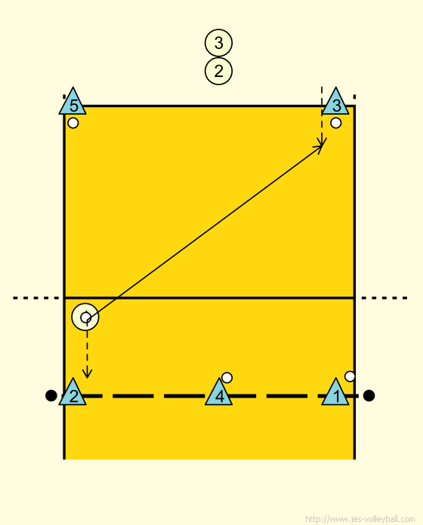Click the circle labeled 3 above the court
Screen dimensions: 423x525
[218, 43]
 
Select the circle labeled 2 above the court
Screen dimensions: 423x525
[218, 71]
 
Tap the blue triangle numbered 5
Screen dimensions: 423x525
[73, 101]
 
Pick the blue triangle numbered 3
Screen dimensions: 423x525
[335, 101]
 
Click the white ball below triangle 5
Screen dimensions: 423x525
[73, 123]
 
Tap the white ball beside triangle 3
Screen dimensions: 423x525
[336, 123]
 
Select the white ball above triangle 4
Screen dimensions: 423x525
[227, 378]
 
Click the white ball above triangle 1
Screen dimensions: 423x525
[350, 376]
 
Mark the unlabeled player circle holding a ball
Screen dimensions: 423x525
[85, 317]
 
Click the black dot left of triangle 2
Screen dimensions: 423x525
[51, 395]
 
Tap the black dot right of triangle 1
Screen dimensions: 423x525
[369, 395]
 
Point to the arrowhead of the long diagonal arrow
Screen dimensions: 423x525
[322, 146]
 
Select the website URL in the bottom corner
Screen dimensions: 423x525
[360, 519]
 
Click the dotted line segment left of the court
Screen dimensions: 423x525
[36, 298]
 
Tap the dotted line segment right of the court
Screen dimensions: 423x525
[384, 298]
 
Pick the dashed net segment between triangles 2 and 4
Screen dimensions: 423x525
[146, 396]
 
